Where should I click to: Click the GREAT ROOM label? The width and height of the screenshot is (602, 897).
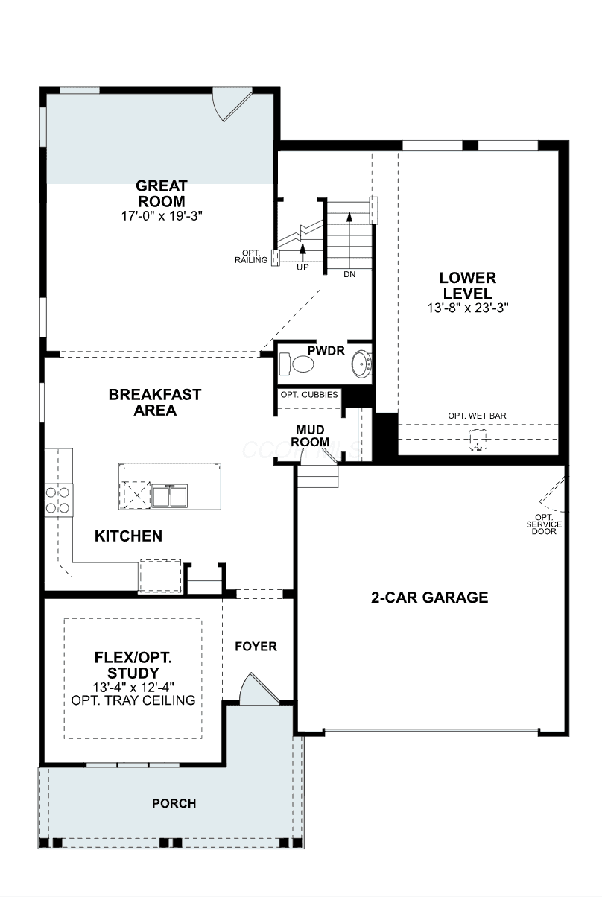tap(162, 194)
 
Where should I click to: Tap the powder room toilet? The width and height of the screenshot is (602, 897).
tap(297, 364)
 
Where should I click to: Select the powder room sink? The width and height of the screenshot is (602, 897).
tap(362, 364)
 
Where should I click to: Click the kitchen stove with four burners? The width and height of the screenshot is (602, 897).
tap(58, 500)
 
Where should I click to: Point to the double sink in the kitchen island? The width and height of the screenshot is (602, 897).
tap(170, 495)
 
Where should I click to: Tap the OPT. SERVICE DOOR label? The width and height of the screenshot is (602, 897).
tap(544, 524)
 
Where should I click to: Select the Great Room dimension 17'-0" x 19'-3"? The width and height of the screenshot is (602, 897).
tap(162, 216)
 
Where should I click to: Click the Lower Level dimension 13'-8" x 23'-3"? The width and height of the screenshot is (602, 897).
tap(468, 308)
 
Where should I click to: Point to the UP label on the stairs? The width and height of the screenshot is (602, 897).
tap(302, 267)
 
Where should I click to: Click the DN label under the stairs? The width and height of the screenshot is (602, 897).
tap(349, 274)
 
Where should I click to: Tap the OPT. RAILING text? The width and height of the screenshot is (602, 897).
tap(251, 257)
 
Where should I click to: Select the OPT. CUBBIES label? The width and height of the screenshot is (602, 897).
tap(309, 394)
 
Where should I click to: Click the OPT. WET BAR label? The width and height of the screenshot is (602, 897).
tap(477, 416)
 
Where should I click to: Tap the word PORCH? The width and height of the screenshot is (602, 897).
tap(174, 803)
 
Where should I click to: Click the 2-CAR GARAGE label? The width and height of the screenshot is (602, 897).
tap(429, 598)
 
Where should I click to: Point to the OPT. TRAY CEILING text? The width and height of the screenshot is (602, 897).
tap(133, 700)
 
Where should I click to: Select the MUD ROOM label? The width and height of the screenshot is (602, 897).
tap(310, 436)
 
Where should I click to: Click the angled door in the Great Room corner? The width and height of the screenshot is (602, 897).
tap(231, 104)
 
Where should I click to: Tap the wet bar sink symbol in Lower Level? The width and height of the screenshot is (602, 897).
tap(478, 440)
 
